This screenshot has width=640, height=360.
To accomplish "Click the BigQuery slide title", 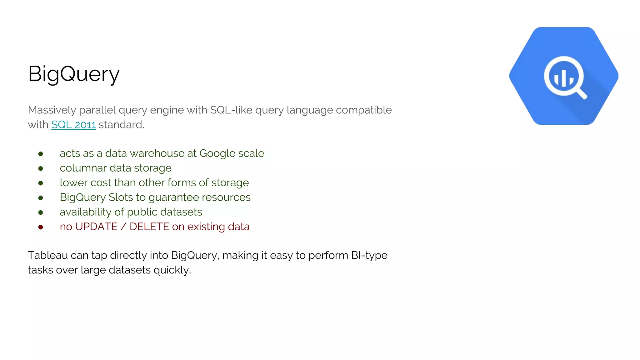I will [74, 74].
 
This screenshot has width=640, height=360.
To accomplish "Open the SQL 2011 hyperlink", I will [73, 125].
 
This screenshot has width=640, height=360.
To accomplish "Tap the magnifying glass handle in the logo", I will [581, 93].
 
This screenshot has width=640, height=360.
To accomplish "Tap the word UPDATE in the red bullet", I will [96, 227].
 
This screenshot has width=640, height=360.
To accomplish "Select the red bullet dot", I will [41, 227].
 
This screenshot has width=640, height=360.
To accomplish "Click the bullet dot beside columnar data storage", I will [41, 168].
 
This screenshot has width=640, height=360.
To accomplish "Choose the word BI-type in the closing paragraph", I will [369, 256].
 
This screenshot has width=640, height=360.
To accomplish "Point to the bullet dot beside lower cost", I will [41, 183].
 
